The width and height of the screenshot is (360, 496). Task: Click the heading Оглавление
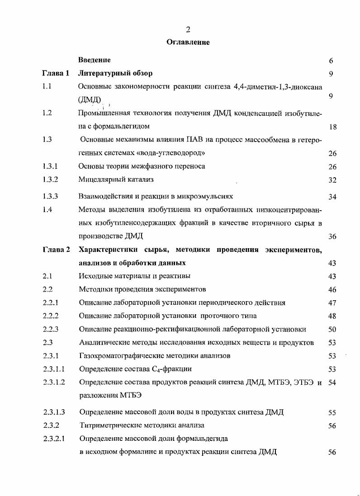tap(188, 43)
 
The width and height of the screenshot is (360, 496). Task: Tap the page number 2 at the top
tap(188, 29)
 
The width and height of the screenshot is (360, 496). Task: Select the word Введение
tap(94, 60)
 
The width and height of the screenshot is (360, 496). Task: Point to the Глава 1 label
tap(56, 73)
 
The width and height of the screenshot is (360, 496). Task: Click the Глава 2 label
tap(56, 250)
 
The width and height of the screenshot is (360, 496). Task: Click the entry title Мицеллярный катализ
tap(116, 180)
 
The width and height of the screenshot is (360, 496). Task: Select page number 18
tap(332, 128)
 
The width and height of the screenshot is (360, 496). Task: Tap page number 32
tap(332, 180)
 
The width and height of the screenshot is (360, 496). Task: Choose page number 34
tap(332, 197)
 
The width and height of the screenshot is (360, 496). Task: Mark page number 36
tap(332, 236)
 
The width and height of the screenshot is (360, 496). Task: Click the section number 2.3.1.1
tap(54, 369)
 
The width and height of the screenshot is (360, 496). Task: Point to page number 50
tap(332, 330)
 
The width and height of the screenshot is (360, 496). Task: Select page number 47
tap(332, 303)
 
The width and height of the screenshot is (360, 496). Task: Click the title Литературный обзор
tap(115, 73)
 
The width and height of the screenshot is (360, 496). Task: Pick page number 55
tap(332, 412)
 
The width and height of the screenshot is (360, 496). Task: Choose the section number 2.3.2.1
tap(54, 438)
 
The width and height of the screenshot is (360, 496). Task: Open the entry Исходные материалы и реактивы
tap(134, 276)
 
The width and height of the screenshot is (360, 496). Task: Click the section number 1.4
tap(47, 209)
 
